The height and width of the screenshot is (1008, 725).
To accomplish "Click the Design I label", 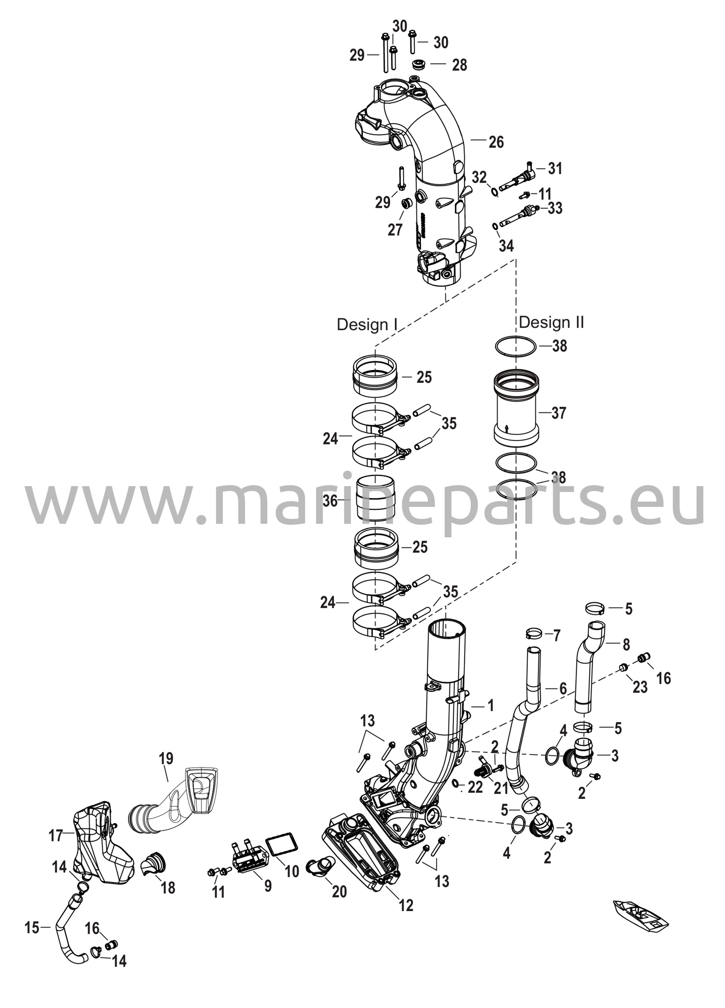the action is [x=367, y=324].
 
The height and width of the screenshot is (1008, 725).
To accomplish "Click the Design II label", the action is [x=551, y=322].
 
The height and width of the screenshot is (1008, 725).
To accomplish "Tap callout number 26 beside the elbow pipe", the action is [x=496, y=142].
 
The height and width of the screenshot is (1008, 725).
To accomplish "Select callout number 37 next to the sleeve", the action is [x=559, y=413].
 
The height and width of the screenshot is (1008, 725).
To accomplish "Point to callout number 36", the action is [x=330, y=501].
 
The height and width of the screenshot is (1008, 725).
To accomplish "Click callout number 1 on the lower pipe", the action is [x=490, y=706].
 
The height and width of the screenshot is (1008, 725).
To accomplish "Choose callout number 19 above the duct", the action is [x=166, y=758].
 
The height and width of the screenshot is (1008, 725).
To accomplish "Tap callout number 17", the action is [x=56, y=835].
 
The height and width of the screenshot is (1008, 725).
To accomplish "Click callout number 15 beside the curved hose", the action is [x=32, y=928].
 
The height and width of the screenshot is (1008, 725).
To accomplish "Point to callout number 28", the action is [x=459, y=65].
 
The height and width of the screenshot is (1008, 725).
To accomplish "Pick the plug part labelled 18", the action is [x=154, y=864].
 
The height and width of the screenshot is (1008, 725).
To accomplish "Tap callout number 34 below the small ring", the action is [x=506, y=246].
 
